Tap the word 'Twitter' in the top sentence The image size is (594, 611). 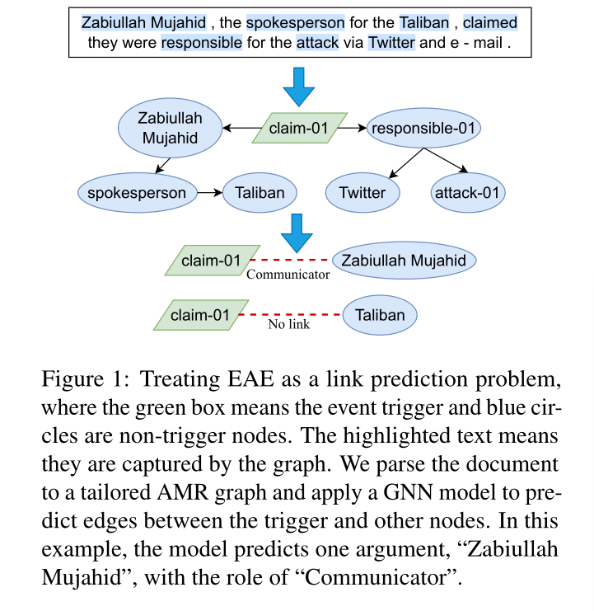coord(392,43)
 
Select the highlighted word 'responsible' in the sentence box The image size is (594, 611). coord(202,43)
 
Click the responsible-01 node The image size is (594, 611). coord(423,129)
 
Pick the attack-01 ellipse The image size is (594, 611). coord(468,193)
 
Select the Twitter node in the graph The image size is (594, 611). coord(362,193)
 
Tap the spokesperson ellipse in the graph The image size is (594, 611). coord(138,193)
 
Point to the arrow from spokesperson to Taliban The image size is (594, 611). coord(210,193)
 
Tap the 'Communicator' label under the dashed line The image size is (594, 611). coord(288,275)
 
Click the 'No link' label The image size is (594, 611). coord(288,325)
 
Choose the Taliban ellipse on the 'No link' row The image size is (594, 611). coord(380,315)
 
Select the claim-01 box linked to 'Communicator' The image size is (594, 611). coord(211,261)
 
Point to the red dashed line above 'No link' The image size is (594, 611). coord(290,315)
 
